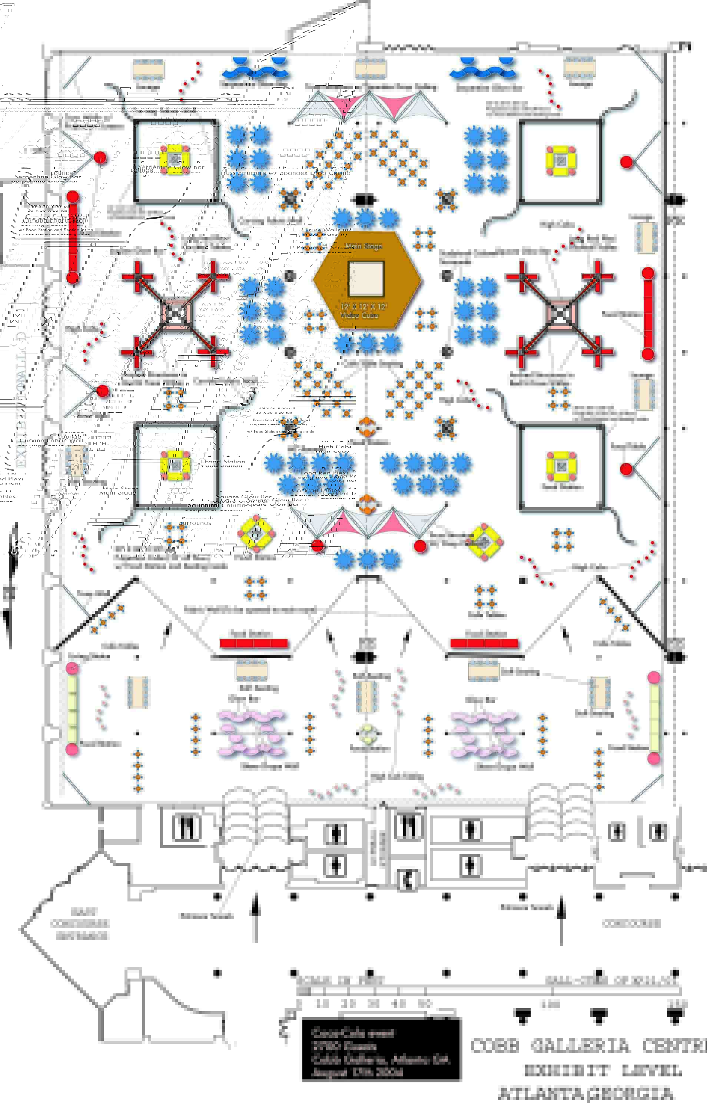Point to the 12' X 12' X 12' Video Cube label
pyautogui.click(x=364, y=311)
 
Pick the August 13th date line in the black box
pyautogui.click(x=358, y=1072)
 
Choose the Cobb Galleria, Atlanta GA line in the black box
pyautogui.click(x=381, y=1059)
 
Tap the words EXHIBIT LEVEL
pyautogui.click(x=603, y=1070)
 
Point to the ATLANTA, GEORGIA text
pyautogui.click(x=585, y=1093)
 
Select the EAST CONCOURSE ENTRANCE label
pyautogui.click(x=79, y=924)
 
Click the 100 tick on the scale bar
pyautogui.click(x=551, y=1004)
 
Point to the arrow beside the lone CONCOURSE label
pyautogui.click(x=561, y=919)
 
